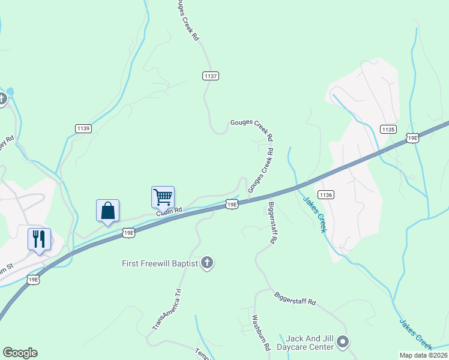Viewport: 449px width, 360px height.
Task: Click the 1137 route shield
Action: click(x=210, y=76)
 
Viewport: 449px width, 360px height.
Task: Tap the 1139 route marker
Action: click(x=83, y=128)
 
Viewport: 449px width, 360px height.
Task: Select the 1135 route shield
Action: click(x=388, y=129)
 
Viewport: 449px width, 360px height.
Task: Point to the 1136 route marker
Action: click(x=326, y=195)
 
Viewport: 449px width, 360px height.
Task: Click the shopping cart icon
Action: click(x=163, y=196)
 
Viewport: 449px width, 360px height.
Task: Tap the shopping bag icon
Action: click(x=107, y=211)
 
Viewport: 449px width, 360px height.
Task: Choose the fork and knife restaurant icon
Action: click(x=39, y=239)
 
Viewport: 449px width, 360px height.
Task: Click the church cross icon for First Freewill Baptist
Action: click(x=207, y=263)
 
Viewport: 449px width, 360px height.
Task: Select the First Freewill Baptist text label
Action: click(x=159, y=263)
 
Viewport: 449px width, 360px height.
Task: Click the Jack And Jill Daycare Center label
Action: click(x=309, y=343)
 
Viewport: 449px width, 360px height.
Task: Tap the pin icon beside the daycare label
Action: click(x=343, y=343)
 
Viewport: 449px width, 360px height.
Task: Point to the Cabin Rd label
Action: click(x=169, y=211)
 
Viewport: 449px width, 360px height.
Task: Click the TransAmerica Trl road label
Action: click(x=166, y=310)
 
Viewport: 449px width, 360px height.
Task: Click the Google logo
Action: click(x=20, y=353)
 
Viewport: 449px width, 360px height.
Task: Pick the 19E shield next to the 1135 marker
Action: click(x=412, y=139)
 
